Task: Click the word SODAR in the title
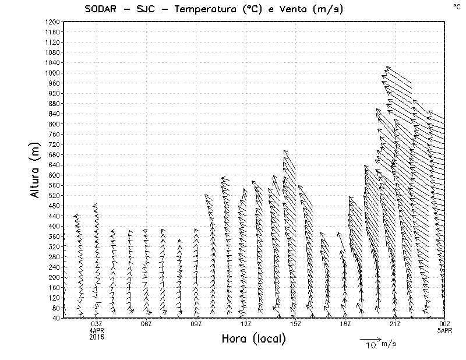click(x=104, y=9)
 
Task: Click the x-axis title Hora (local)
click(x=253, y=338)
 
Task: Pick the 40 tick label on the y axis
click(x=57, y=318)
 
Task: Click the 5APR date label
click(x=444, y=330)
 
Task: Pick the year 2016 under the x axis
click(x=97, y=336)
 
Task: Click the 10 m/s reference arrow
click(x=369, y=338)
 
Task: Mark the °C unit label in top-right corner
click(x=456, y=6)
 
